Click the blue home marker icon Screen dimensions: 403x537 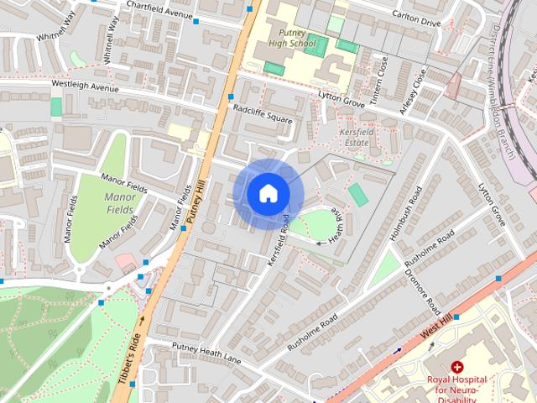coord(268,193)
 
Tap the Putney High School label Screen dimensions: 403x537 coord(292,37)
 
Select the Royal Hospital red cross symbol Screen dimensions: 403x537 coord(457,367)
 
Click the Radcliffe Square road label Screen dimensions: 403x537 coord(263,113)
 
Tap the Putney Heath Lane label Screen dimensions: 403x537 coord(206,352)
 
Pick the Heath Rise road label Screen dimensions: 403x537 coord(337,225)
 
